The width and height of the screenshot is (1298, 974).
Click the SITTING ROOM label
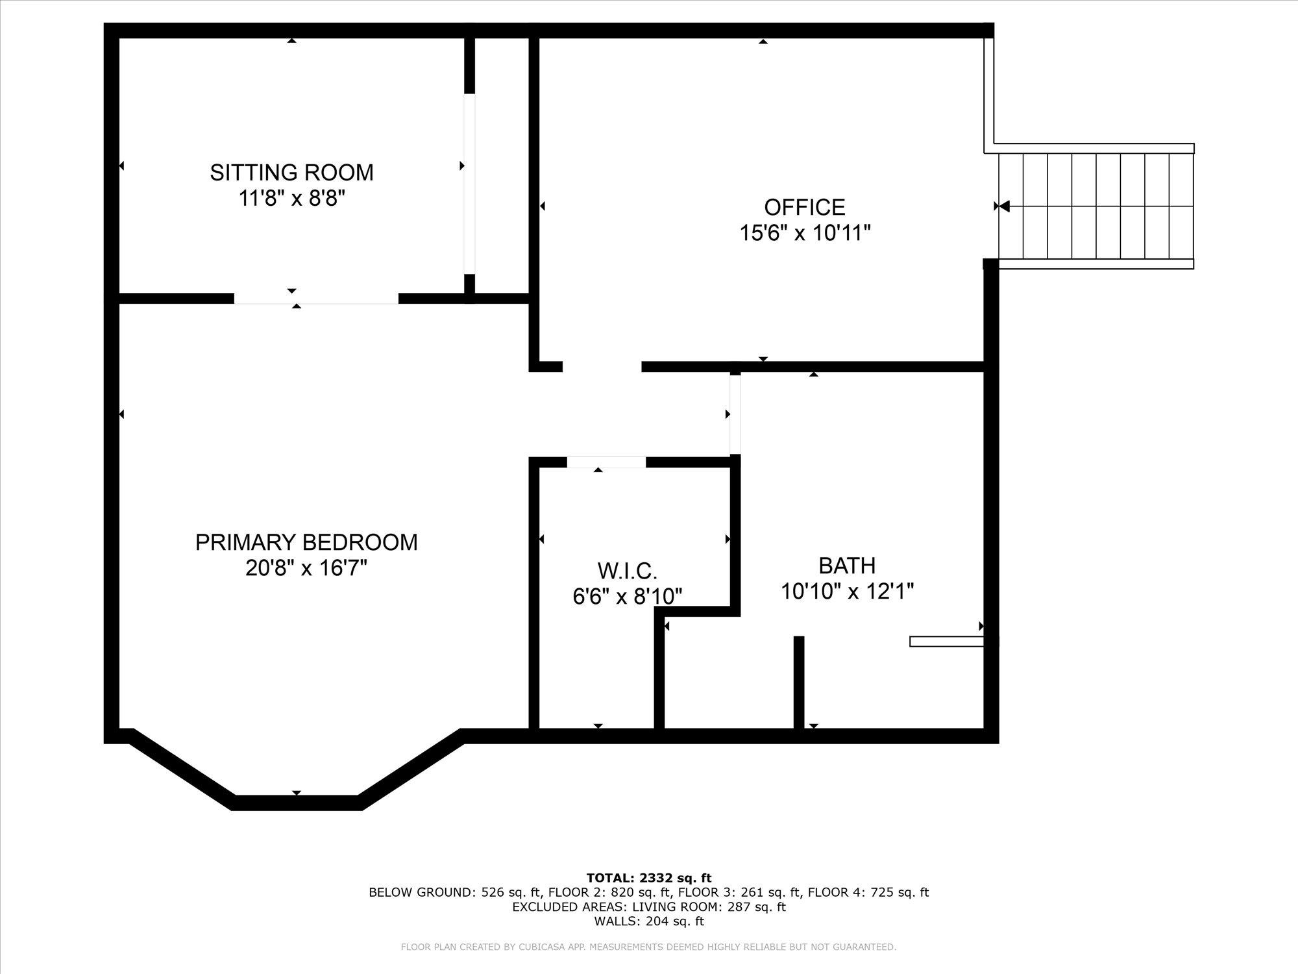[291, 173]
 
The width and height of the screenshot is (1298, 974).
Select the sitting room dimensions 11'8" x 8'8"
[291, 198]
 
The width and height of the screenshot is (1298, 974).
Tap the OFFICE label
[804, 207]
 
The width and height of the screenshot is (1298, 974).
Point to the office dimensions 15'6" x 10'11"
[805, 232]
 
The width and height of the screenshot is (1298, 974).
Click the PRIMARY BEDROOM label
[306, 542]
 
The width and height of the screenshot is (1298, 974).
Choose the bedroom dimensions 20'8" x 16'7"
[306, 568]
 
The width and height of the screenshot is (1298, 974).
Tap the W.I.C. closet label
[627, 571]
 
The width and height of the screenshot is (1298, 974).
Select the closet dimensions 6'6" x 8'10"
[627, 596]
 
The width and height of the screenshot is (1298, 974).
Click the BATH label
[847, 566]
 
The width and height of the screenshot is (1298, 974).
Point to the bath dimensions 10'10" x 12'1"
[847, 592]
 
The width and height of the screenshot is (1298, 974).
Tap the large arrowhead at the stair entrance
[1003, 206]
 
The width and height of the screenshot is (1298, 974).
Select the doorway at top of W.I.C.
[606, 462]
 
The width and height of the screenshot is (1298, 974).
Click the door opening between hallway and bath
[735, 414]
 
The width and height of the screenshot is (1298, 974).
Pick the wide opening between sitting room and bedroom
[316, 299]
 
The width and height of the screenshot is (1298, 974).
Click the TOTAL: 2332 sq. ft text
[649, 879]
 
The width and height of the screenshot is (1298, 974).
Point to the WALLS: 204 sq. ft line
[649, 921]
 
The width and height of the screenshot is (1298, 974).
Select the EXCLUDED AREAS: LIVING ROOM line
[649, 906]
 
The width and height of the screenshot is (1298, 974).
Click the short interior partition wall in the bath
[799, 682]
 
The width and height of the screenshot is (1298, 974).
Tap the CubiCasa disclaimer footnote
[649, 947]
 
